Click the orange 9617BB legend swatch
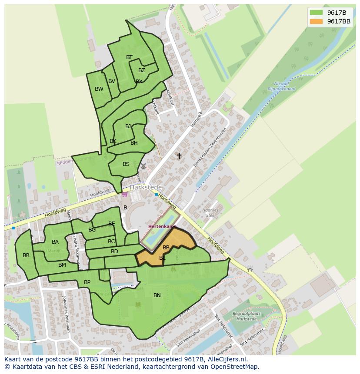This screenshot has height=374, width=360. click(317, 21)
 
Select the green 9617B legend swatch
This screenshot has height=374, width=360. click(317, 13)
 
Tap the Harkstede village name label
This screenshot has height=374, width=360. click(146, 187)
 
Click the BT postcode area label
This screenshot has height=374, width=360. click(129, 57)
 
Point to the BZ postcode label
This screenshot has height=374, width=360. click(142, 70)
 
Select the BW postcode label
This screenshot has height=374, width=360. click(99, 89)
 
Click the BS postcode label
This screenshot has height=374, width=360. click(126, 164)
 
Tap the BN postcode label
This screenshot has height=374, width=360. click(157, 295)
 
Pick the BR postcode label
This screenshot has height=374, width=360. click(26, 255)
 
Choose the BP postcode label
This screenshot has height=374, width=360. click(87, 282)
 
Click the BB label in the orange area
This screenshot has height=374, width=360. click(166, 248)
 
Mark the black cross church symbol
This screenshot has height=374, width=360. click(179, 156)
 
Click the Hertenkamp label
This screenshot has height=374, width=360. click(162, 227)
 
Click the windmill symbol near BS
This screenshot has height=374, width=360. click(143, 166)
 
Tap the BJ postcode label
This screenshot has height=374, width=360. click(128, 126)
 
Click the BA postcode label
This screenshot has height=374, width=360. click(55, 242)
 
